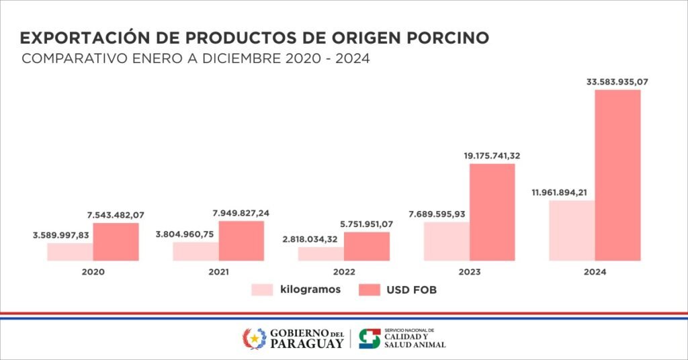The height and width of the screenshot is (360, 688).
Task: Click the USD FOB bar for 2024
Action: (617, 175)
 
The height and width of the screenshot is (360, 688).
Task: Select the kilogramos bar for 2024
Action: (572, 230)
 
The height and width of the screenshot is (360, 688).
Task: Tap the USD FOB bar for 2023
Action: (492, 212)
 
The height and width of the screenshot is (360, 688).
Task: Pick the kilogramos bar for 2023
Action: (446, 241)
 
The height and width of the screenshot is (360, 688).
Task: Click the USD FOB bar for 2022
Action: (366, 246)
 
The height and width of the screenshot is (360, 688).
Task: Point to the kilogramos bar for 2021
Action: (196, 251)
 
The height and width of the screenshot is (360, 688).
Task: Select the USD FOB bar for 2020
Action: (116, 242)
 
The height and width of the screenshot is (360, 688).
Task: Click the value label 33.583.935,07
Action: (617, 82)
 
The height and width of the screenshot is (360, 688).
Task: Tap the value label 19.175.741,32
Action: (492, 156)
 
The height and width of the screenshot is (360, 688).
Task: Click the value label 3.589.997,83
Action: (60, 235)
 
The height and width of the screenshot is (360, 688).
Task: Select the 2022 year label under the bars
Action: (343, 272)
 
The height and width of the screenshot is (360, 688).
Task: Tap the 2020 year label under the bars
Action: (93, 272)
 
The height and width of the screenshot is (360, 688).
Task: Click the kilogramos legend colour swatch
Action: (262, 290)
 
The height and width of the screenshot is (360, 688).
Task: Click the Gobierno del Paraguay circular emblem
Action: (254, 339)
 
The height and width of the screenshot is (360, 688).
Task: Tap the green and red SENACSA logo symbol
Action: (370, 339)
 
